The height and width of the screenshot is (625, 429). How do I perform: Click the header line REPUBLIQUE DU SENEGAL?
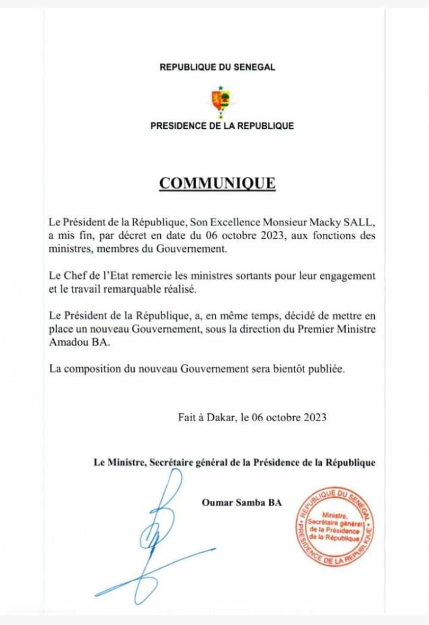(x=217, y=67)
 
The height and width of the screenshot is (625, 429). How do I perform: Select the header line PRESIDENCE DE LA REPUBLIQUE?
(x=222, y=126)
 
